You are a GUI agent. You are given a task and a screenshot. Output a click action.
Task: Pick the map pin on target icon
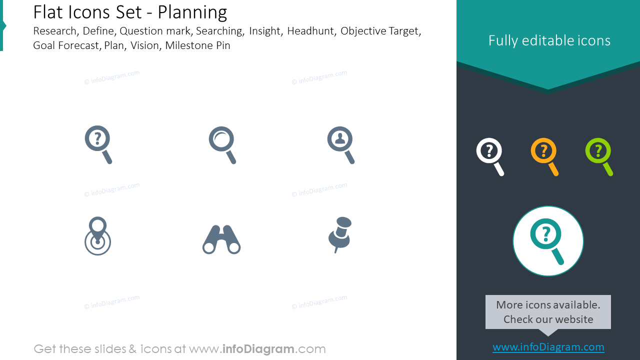[x=97, y=236]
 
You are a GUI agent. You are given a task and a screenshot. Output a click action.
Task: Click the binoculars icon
[x=221, y=239]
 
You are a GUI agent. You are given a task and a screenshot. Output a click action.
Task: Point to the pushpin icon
[x=340, y=233]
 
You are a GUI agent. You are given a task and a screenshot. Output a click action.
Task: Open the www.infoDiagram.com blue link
[x=548, y=347]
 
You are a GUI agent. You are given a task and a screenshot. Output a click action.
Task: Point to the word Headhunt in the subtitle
[x=310, y=31]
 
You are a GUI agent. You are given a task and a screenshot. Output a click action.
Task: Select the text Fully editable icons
[x=549, y=40]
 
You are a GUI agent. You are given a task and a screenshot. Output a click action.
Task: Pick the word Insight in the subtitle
[x=264, y=31]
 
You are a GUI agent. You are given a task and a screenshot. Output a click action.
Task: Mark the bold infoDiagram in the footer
[x=258, y=349]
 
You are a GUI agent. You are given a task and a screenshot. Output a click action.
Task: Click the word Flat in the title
[x=47, y=12]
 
